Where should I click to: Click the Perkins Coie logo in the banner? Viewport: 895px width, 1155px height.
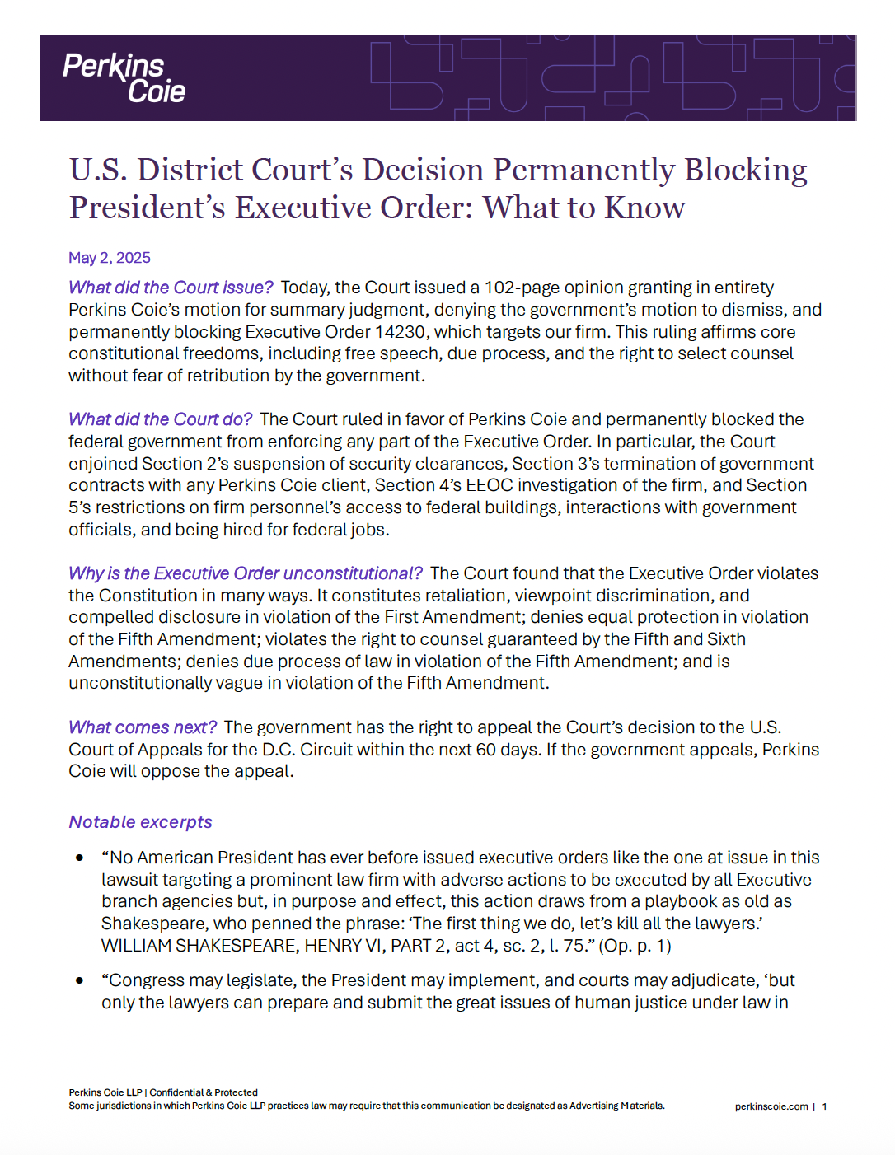(124, 78)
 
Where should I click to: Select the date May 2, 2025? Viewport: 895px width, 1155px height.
(110, 258)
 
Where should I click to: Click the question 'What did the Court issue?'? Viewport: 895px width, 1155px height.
(171, 288)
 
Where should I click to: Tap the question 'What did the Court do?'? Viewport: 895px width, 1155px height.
(160, 419)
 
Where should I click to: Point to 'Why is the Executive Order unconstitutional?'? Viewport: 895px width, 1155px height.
(246, 573)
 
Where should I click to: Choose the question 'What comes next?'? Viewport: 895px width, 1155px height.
(143, 727)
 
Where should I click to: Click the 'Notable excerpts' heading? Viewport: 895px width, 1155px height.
(141, 822)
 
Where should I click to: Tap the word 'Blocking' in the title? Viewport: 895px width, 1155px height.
(746, 171)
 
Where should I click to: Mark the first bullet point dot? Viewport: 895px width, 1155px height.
(80, 858)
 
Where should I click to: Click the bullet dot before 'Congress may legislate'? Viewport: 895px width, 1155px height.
(80, 980)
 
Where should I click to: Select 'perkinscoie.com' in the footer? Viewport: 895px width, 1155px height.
(771, 1106)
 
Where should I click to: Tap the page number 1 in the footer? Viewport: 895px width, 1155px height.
(824, 1106)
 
